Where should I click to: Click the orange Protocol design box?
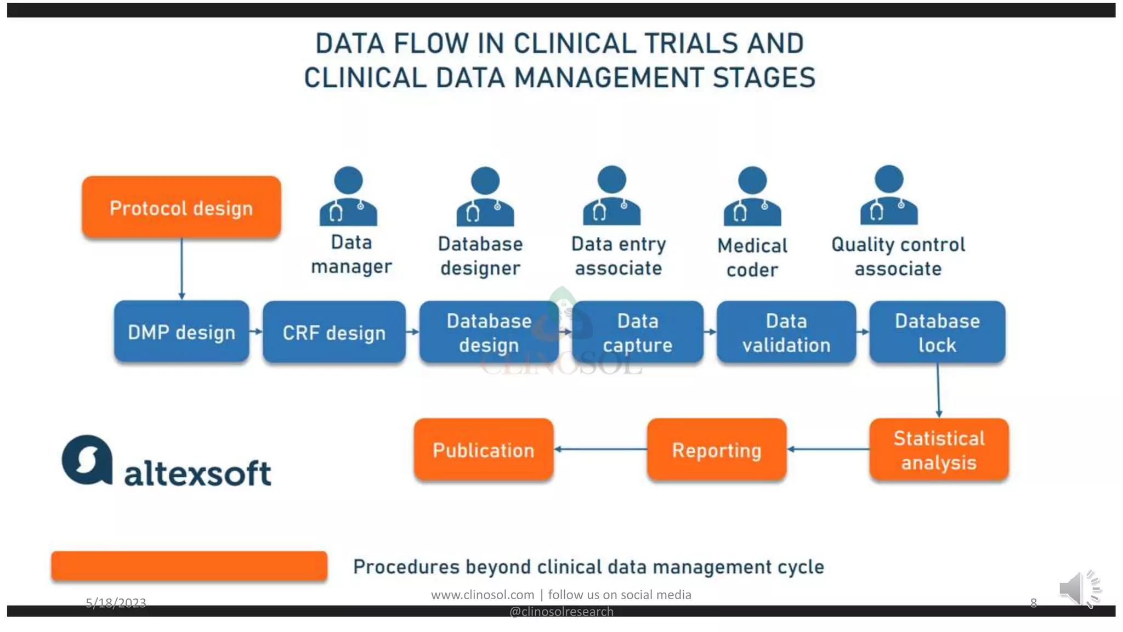[x=181, y=207]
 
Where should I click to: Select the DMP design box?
[x=182, y=332]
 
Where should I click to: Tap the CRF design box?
[x=334, y=332]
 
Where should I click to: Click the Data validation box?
[x=786, y=332]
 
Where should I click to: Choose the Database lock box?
[x=937, y=332]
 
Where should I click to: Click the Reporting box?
[x=716, y=450]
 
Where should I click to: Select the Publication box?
[x=483, y=450]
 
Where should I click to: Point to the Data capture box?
[x=637, y=332]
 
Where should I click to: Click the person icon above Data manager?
[x=348, y=196]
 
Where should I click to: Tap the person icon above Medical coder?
[x=752, y=196]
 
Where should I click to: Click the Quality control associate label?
[x=898, y=256]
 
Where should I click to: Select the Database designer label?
[x=480, y=256]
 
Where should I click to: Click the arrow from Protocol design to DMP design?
[x=182, y=269]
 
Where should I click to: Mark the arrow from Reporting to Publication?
[x=600, y=449]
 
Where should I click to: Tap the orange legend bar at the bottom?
[x=189, y=566]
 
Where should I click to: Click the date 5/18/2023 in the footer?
[x=116, y=603]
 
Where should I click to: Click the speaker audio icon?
[x=1079, y=589]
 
